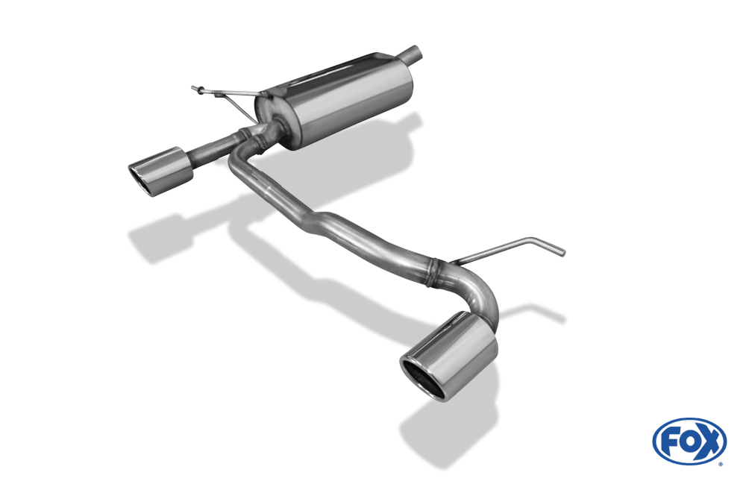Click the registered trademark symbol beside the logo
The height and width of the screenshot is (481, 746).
(x=721, y=464)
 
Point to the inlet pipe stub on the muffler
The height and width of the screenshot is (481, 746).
(x=413, y=54)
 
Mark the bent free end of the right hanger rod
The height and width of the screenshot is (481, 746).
(x=552, y=248)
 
